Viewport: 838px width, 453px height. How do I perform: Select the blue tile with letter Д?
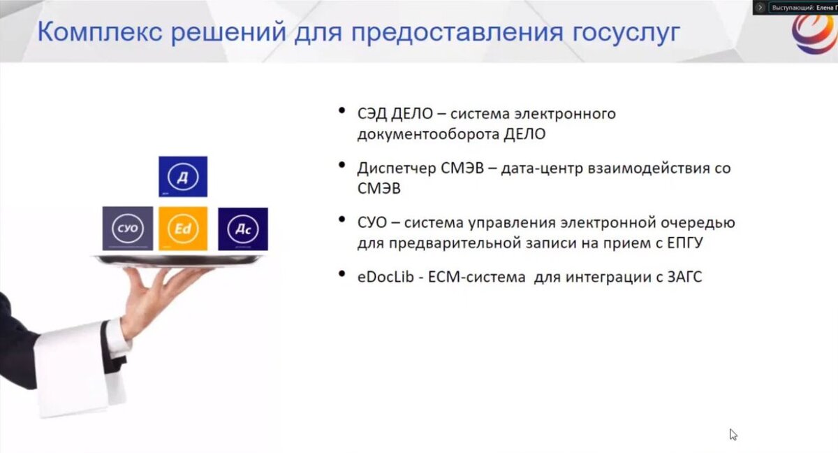[x=183, y=176]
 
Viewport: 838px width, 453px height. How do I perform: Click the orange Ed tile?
[x=183, y=229]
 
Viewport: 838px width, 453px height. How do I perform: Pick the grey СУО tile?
[x=128, y=229]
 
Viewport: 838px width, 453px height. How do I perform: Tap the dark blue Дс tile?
[x=242, y=229]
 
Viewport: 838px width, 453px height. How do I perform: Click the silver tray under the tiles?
[x=179, y=259]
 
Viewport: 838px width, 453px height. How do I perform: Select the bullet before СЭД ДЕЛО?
[x=341, y=110]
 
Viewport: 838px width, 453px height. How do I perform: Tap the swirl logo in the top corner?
[x=814, y=31]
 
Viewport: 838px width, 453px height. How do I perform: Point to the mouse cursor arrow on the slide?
[x=733, y=434]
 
